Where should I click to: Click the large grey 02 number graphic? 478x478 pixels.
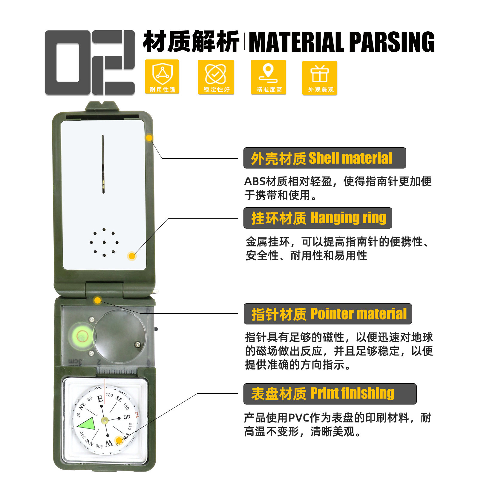90,63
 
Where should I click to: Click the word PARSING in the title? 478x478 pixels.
391,42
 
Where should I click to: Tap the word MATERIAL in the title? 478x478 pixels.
296,42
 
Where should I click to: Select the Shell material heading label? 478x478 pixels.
324,158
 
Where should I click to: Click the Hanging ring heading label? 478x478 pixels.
318,218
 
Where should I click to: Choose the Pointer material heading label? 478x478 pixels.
328,314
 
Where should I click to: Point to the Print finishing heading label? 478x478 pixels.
330,394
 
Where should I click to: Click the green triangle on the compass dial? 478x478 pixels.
87,423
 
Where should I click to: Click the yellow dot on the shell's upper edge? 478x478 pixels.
149,138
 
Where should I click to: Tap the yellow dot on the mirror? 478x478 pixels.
132,256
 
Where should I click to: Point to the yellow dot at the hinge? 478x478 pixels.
97,300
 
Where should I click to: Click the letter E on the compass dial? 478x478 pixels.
100,399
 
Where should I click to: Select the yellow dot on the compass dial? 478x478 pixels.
119,440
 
